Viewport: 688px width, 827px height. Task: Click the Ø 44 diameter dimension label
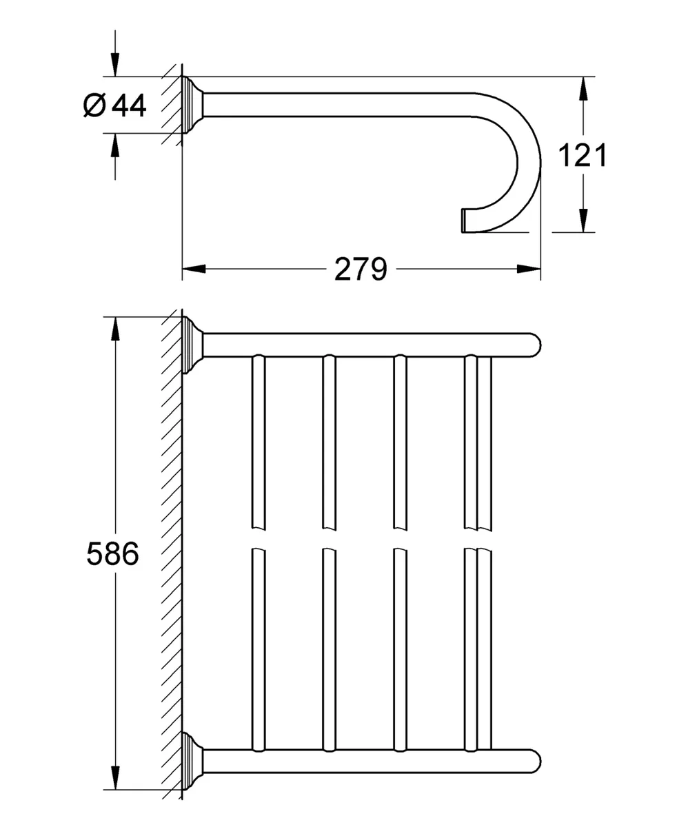click(x=115, y=105)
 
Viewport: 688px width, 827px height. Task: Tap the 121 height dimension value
click(x=583, y=155)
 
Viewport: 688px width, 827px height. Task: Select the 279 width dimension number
click(x=361, y=269)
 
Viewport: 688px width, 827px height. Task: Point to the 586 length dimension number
click(x=113, y=553)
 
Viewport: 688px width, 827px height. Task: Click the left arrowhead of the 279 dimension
click(x=194, y=269)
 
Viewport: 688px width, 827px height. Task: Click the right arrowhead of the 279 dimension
click(x=529, y=269)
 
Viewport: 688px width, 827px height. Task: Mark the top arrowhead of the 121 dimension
click(x=583, y=88)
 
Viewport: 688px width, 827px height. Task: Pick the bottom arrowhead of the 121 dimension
click(x=583, y=221)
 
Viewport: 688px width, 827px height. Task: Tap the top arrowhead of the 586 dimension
click(x=115, y=329)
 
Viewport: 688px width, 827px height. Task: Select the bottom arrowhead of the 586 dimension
click(x=115, y=778)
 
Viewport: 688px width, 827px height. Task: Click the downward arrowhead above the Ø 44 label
click(x=115, y=65)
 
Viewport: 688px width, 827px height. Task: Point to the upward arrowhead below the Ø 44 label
click(x=115, y=145)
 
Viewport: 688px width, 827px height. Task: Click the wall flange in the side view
click(x=192, y=105)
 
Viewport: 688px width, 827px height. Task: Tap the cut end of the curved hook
click(x=464, y=221)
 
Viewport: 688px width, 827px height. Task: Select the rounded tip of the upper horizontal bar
click(x=535, y=345)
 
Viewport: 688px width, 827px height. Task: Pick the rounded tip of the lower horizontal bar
click(x=535, y=761)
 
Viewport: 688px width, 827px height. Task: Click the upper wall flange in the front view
click(x=192, y=345)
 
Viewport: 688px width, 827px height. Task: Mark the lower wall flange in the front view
click(x=192, y=761)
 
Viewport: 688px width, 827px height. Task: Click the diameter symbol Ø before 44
click(x=94, y=105)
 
